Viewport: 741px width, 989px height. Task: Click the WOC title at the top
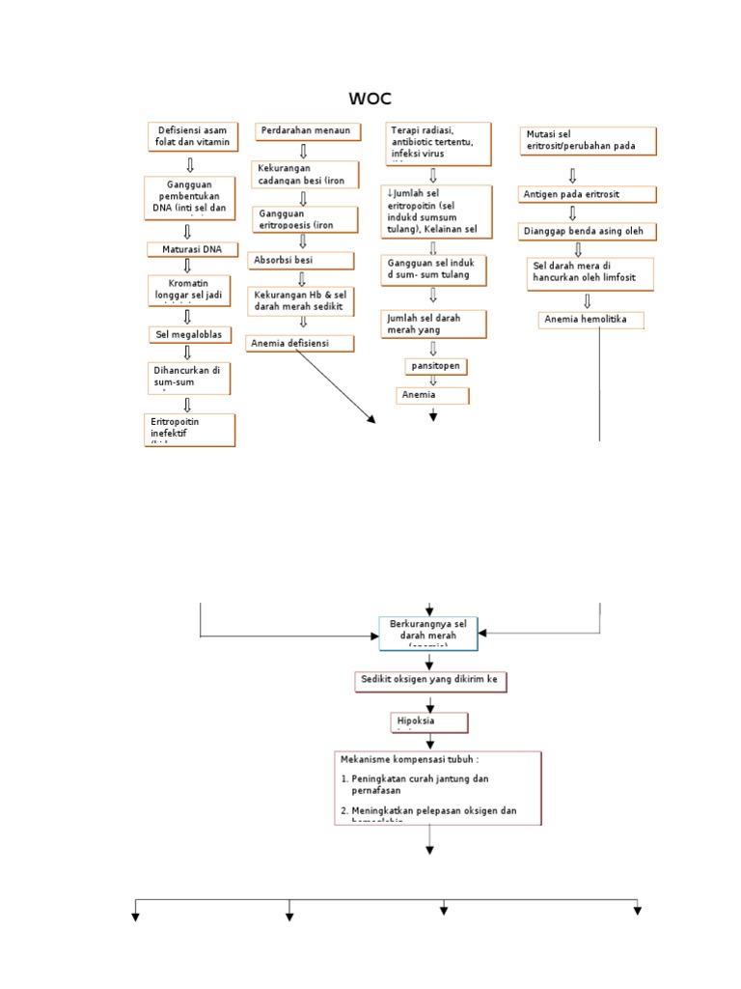coord(371,99)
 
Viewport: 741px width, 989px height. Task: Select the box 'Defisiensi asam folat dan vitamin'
coord(191,137)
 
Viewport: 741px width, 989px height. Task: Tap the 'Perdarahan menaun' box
coord(304,131)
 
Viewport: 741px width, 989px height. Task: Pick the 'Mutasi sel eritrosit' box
coord(574,140)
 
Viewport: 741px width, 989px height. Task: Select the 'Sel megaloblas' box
coord(189,335)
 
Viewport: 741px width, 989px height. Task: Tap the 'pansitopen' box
coord(435,367)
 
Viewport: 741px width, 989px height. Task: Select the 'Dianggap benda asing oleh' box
coord(589,232)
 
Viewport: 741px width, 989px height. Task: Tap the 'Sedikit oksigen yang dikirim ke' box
coord(427,682)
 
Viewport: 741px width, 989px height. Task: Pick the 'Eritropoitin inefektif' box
coord(189,430)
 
